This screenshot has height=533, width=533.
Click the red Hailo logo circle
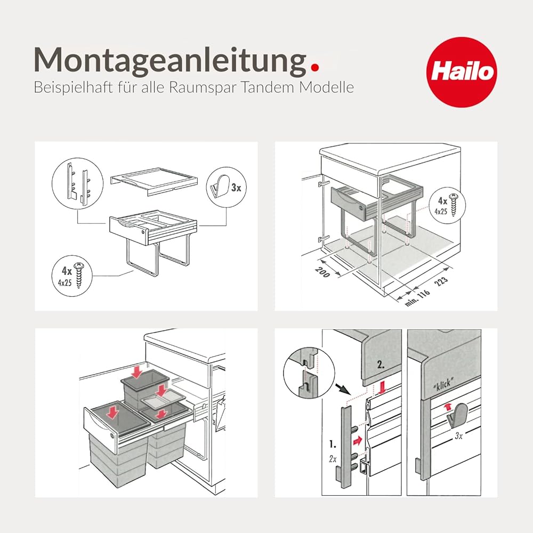point(461,72)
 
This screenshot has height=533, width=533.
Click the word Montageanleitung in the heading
point(171,61)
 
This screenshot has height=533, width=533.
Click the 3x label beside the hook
point(236,187)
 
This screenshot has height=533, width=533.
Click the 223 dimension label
point(441,281)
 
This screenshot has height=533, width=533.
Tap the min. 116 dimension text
point(417,298)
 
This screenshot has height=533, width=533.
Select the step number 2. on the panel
point(381,365)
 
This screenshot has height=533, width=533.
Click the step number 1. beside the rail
point(333,444)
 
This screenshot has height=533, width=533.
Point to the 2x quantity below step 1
point(333,459)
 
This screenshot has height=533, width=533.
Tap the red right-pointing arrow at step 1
point(358,441)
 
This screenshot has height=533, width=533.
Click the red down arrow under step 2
point(382,387)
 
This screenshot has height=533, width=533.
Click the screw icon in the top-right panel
point(454,205)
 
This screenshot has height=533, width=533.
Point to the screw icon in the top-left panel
point(79,276)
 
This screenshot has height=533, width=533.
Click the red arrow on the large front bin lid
point(112,412)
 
